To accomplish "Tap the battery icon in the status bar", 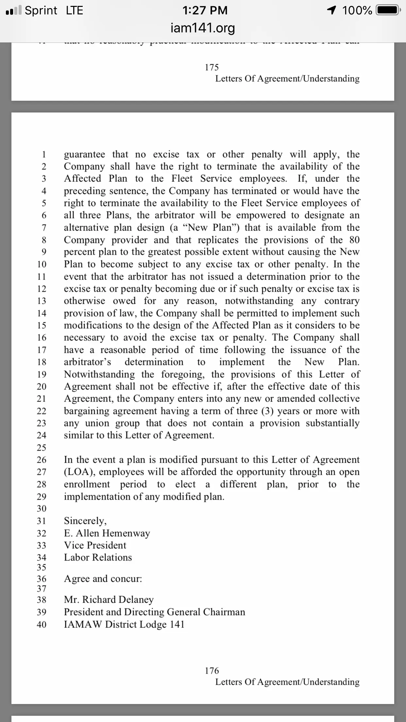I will [x=388, y=10].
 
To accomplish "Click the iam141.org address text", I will [x=203, y=28].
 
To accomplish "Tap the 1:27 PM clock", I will [x=205, y=10].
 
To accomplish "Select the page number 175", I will [x=211, y=67].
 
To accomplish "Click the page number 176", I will [x=211, y=671].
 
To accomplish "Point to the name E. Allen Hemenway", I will [x=107, y=533].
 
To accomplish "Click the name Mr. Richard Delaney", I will [x=109, y=599].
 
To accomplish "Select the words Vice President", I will [x=95, y=545].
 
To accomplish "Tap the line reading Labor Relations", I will [x=98, y=557].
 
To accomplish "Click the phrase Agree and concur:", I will [x=103, y=578].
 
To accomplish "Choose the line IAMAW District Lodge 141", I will [x=124, y=624].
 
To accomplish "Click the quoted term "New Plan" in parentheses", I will [x=210, y=228].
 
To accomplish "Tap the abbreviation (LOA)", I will [x=79, y=472].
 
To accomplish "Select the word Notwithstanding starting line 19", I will [x=99, y=374].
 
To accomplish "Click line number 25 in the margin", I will [x=42, y=447].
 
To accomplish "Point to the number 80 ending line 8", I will [x=354, y=240].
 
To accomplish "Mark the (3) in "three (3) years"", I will [x=267, y=411].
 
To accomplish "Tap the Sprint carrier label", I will [x=41, y=10].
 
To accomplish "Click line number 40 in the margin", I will [x=42, y=625].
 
